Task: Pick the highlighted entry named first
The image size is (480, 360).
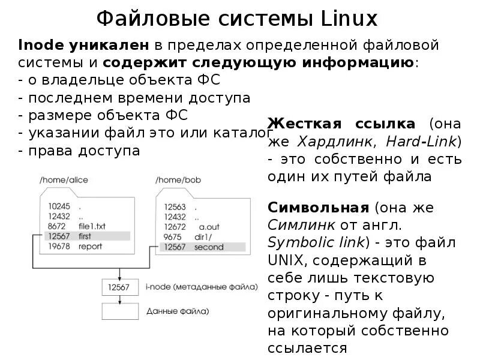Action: tap(86, 236)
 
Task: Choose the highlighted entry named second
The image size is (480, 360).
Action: tap(209, 247)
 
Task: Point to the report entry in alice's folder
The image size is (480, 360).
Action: tap(91, 247)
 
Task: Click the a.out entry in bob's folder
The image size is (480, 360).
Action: tap(210, 226)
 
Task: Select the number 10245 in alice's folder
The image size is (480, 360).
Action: tap(60, 206)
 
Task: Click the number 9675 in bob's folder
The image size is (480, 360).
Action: tap(172, 236)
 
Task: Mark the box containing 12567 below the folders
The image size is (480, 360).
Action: tap(120, 287)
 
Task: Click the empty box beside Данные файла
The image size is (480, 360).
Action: tap(120, 311)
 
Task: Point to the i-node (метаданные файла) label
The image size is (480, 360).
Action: tap(202, 287)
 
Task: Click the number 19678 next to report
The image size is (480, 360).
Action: tap(60, 247)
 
